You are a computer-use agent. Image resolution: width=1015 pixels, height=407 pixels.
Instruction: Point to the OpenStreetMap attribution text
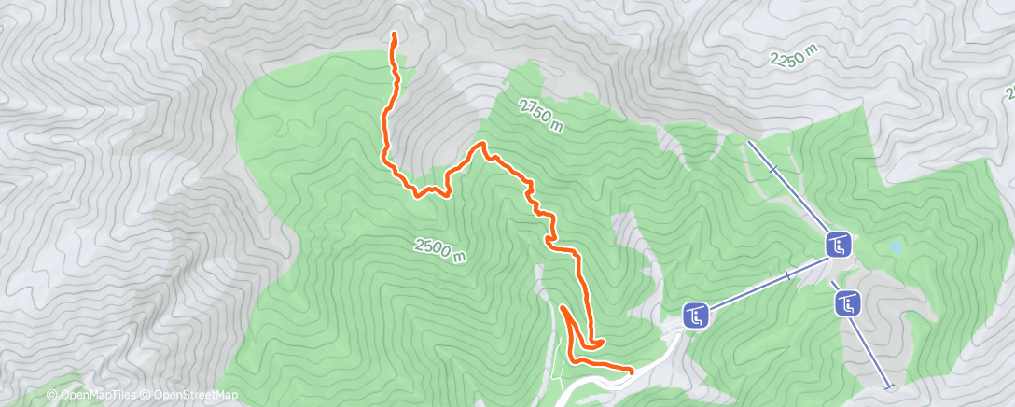click(190, 396)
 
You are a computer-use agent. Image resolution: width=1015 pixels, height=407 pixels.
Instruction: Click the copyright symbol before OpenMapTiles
click(53, 396)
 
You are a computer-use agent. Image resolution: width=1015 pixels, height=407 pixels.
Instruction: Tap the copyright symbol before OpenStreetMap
click(145, 396)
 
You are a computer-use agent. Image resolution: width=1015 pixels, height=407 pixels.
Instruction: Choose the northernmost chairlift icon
click(838, 246)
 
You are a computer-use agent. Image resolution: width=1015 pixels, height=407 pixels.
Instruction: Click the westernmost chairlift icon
click(696, 316)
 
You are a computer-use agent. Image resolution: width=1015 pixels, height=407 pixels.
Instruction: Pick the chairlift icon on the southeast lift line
click(847, 302)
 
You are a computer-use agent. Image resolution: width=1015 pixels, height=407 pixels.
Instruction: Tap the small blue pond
click(896, 249)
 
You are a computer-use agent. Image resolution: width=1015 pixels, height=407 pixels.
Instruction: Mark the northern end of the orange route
click(394, 35)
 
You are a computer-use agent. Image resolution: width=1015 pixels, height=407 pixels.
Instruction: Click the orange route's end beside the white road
click(632, 371)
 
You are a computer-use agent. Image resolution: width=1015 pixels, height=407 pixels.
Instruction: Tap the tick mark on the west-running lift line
click(788, 275)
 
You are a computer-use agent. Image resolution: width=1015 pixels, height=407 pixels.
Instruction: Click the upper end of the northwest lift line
click(749, 143)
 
